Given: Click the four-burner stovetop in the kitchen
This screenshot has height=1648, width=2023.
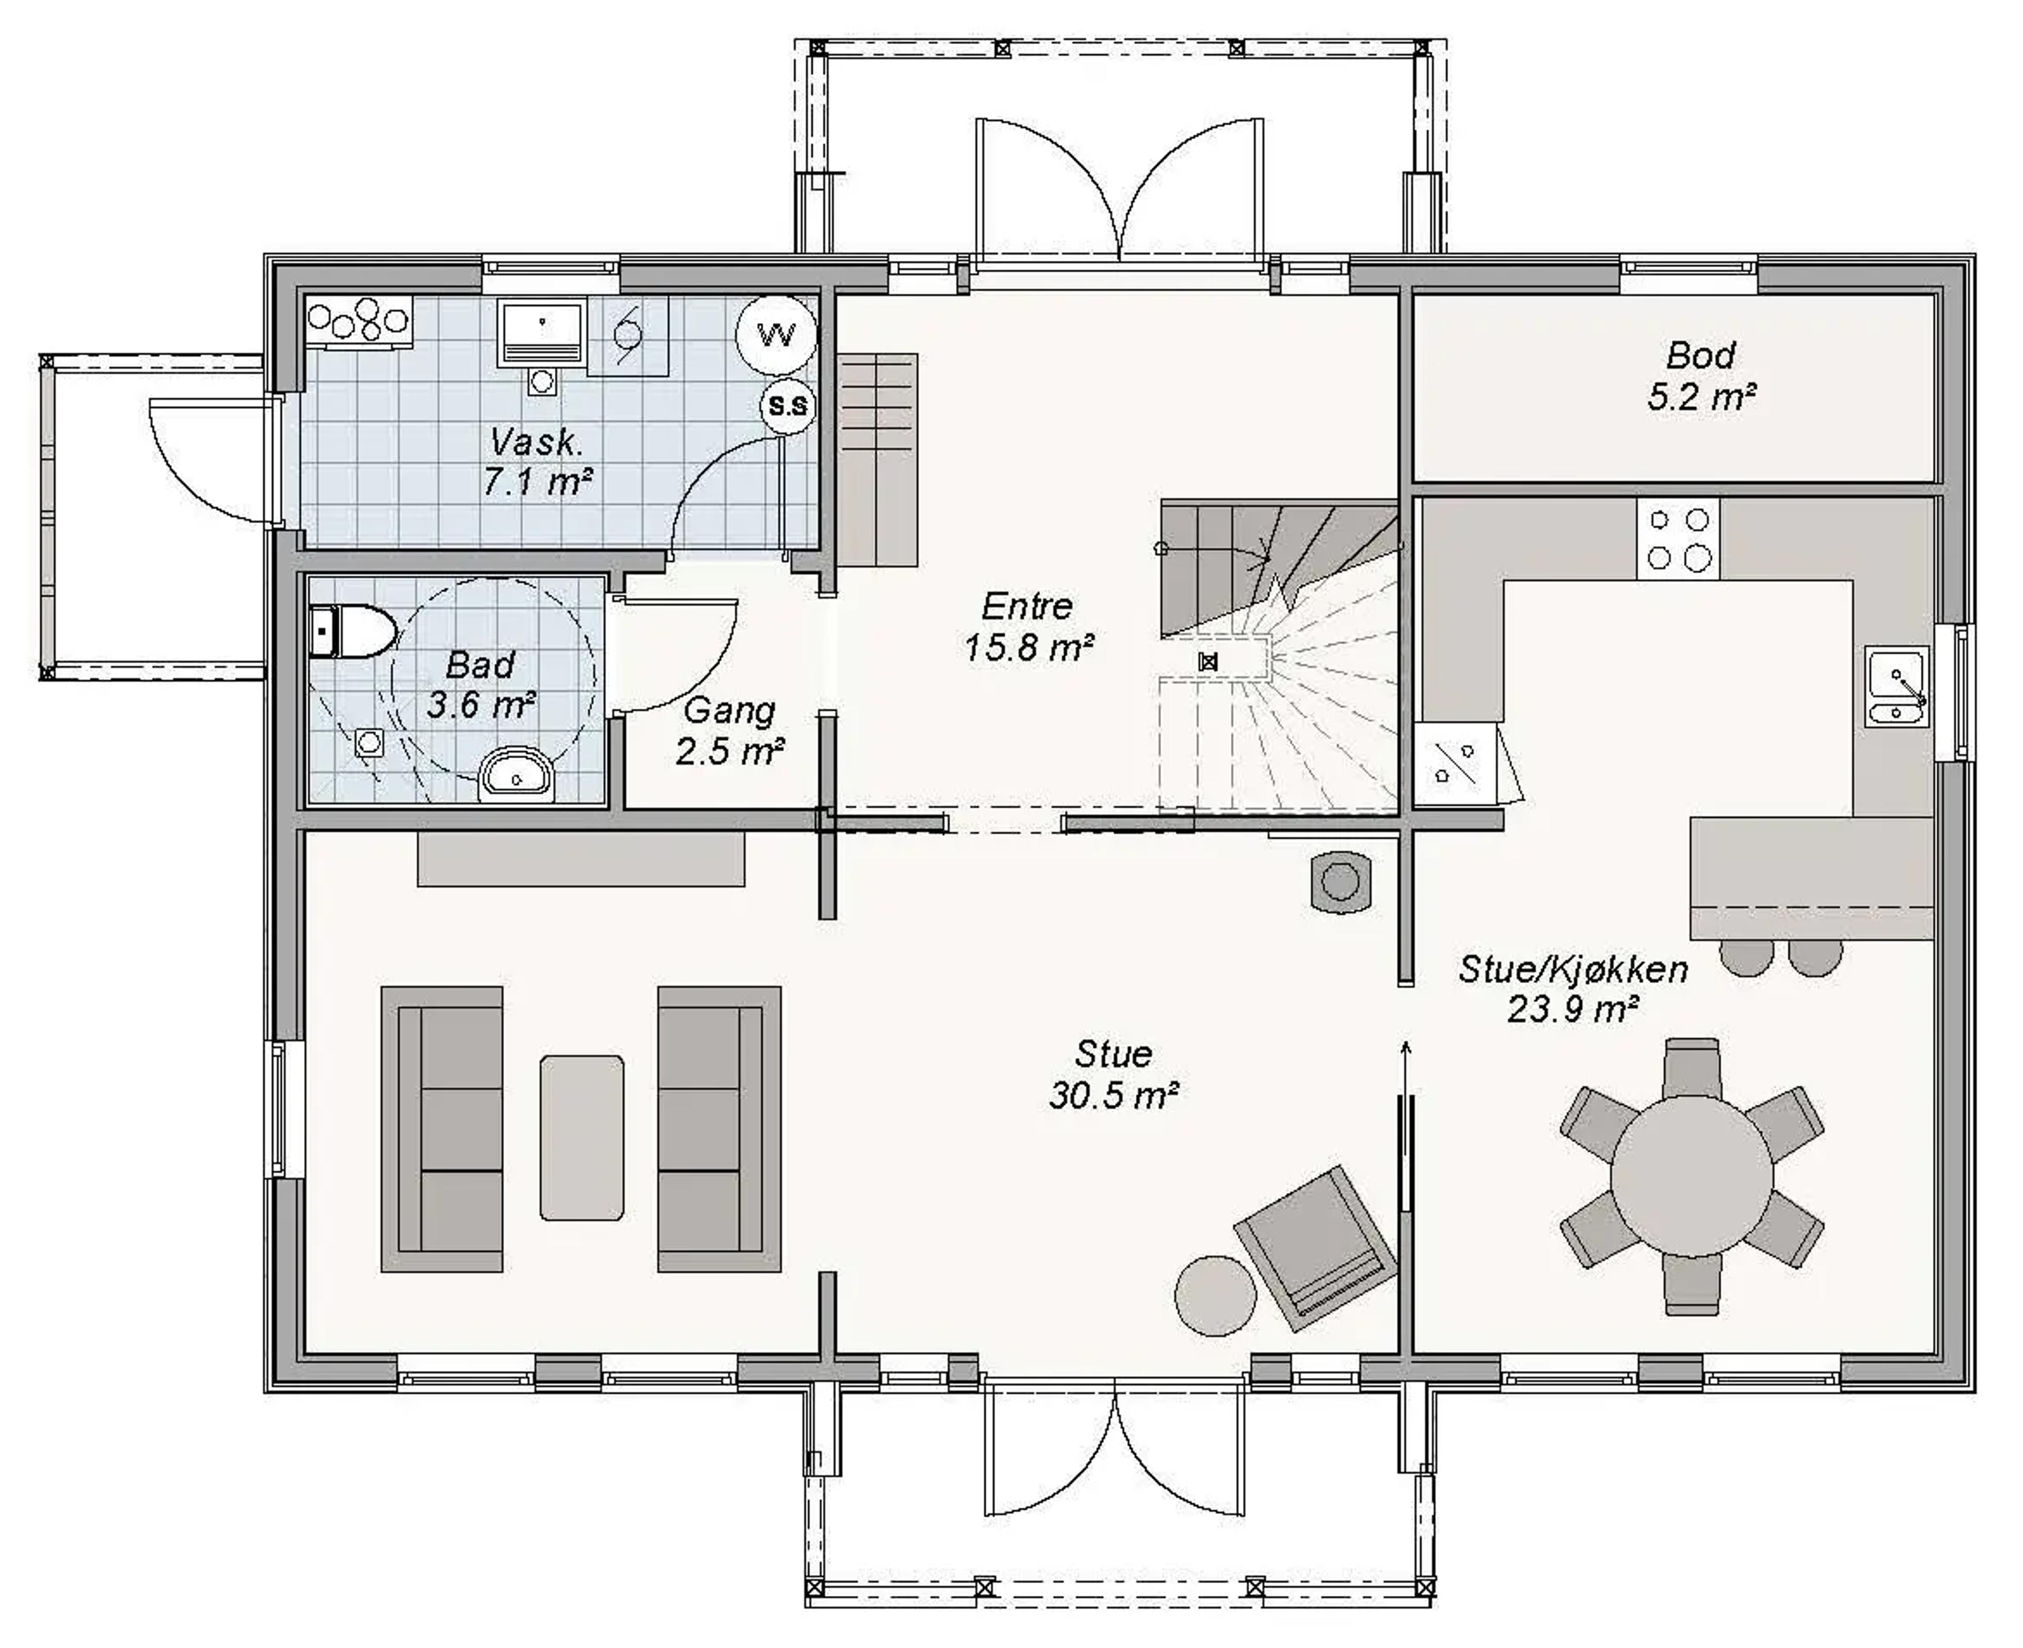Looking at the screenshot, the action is point(1677,538).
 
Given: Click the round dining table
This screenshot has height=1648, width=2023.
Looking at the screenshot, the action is point(1692,1176).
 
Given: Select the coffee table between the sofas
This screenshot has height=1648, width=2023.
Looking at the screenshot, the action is point(582,1137).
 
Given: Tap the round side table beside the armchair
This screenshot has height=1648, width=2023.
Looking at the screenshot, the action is point(1216,1296).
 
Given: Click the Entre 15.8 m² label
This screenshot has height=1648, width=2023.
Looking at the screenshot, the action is point(1028,626).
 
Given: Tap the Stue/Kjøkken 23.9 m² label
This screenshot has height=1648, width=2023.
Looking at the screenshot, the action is point(1573,988).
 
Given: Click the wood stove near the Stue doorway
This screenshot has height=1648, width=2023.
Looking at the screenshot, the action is point(1340,882).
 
